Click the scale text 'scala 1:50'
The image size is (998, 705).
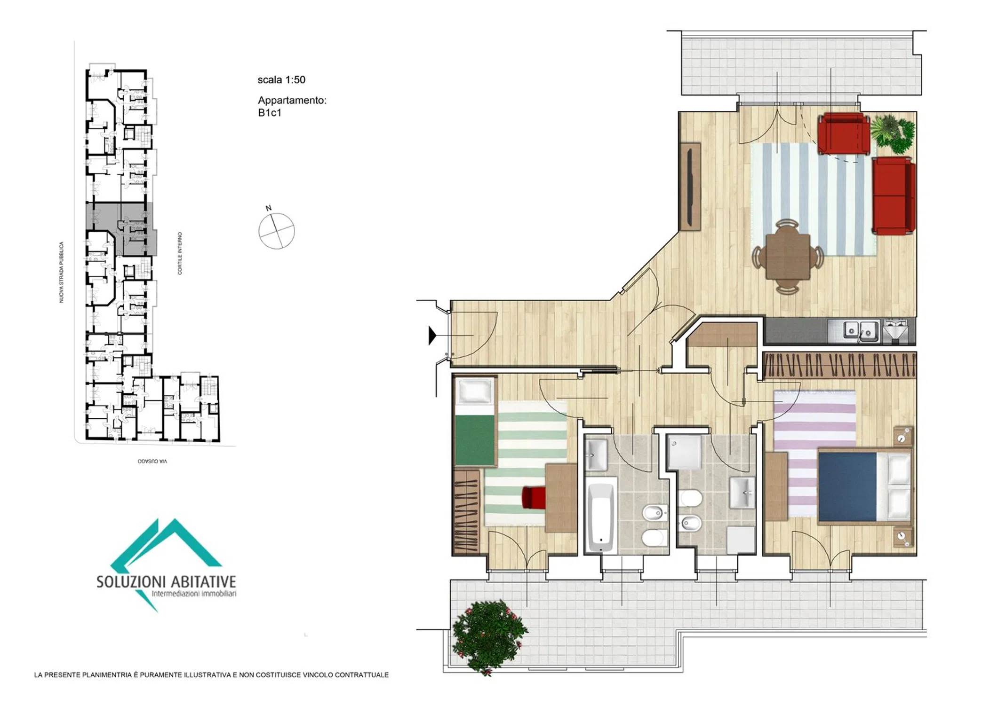coord(281,80)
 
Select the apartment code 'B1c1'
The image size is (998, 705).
coord(270,113)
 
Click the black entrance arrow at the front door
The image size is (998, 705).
coord(432,336)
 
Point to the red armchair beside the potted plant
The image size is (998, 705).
coord(844,133)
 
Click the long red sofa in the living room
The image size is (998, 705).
coord(894,196)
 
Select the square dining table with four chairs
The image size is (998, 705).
coord(788,257)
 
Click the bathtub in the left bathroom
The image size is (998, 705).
coord(601,515)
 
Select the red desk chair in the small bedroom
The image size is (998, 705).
coord(534,497)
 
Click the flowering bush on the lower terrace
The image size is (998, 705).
coord(489,636)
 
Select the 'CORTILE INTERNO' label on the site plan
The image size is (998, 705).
coord(180,253)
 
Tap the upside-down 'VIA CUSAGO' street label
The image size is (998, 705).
coord(152,461)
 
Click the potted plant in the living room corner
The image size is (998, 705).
coord(893,133)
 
